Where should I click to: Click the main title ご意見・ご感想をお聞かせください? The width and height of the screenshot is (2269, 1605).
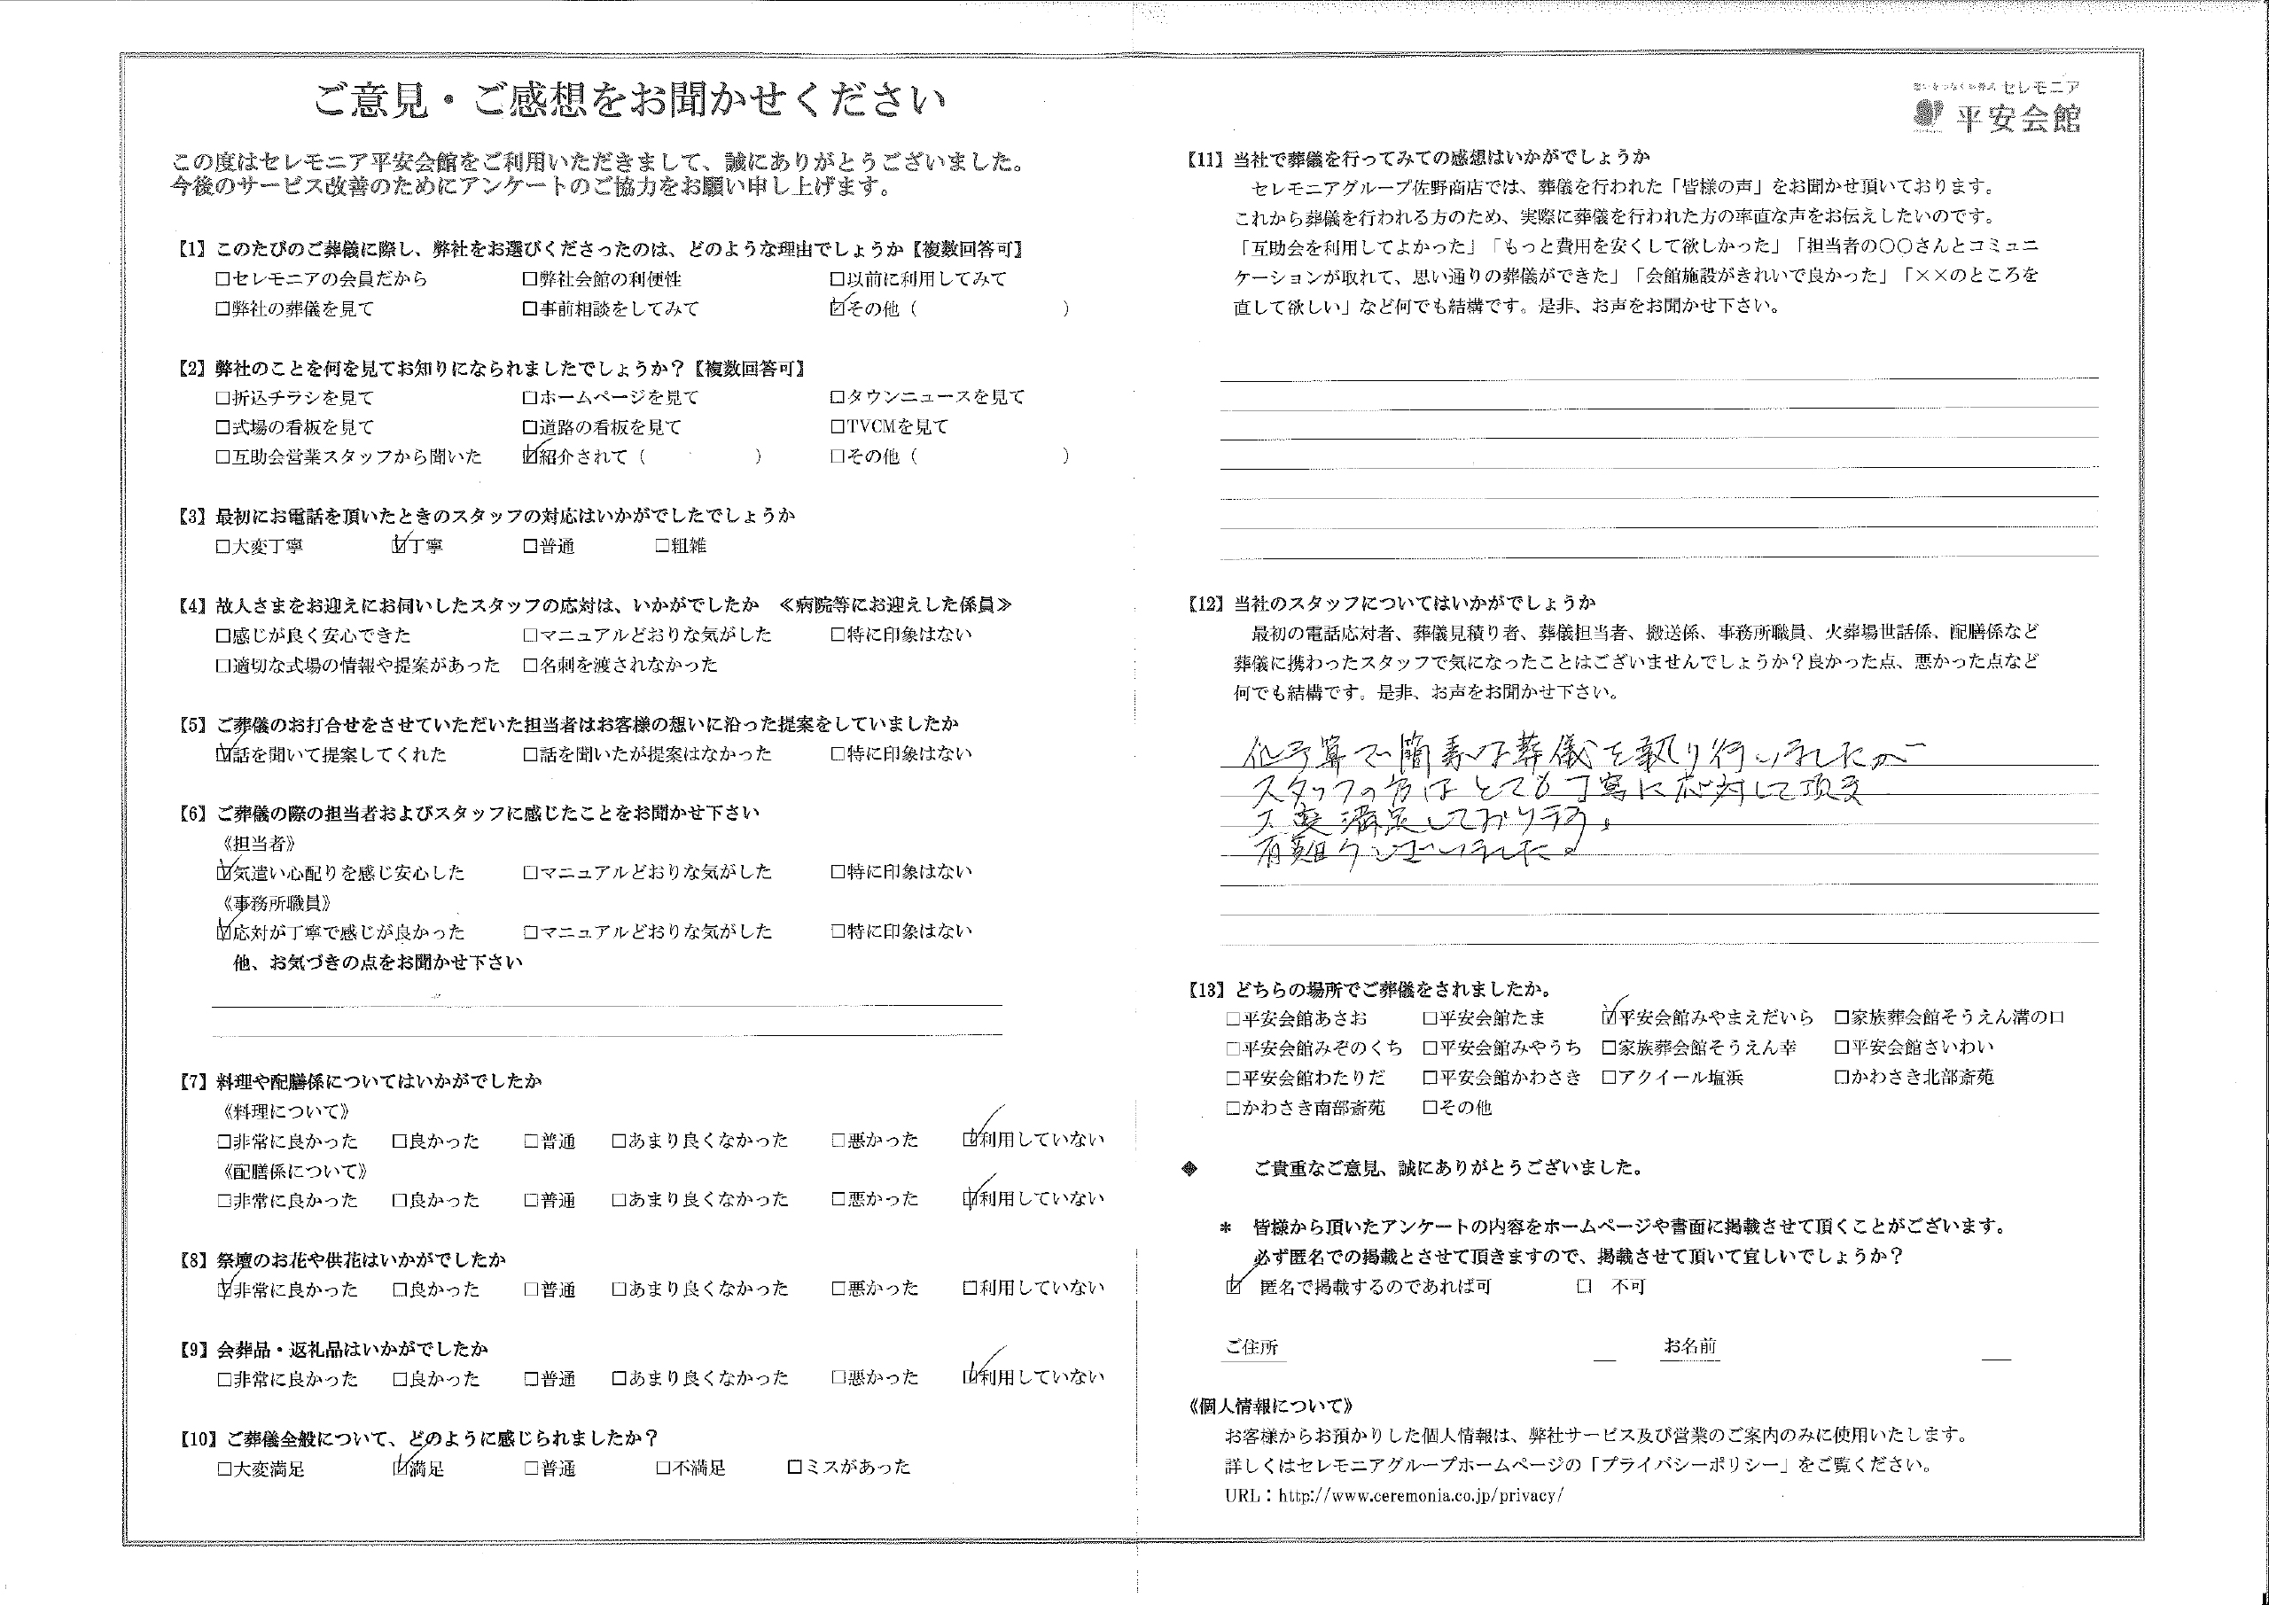[629, 101]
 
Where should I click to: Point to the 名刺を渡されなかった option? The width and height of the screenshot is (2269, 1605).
[621, 665]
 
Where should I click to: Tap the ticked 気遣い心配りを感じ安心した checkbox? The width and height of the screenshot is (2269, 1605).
[223, 873]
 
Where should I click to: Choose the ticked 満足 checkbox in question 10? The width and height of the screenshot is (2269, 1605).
[399, 1469]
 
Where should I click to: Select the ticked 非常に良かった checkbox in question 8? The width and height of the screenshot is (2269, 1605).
[223, 1289]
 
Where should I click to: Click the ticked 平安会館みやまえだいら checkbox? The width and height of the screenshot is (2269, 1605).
[1610, 1017]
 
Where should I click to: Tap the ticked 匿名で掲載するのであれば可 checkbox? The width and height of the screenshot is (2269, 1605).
[1232, 1287]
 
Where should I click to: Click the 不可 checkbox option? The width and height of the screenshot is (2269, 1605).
[1584, 1287]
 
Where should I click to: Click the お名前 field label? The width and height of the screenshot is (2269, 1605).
[1690, 1346]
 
